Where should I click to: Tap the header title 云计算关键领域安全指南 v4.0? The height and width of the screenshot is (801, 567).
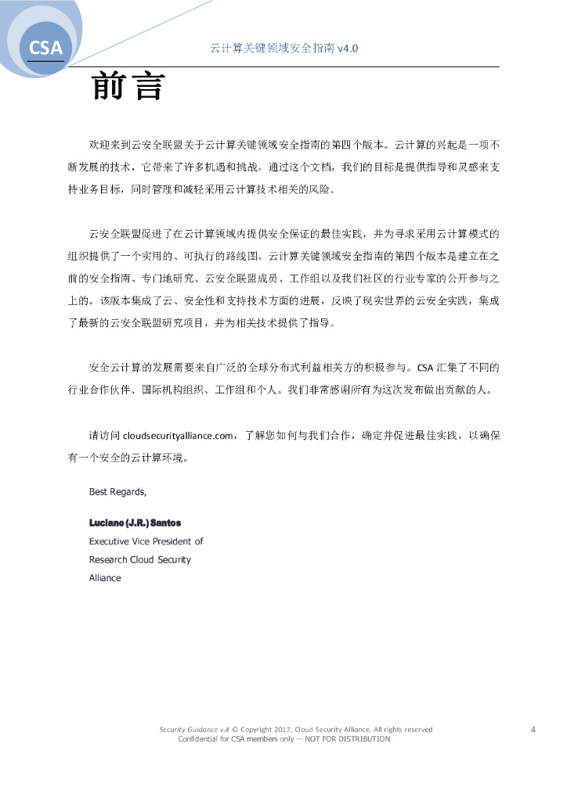(284, 48)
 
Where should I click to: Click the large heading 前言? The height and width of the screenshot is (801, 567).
(128, 87)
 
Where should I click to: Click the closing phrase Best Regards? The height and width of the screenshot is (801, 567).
(117, 492)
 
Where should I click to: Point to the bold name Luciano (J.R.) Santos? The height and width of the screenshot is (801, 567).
(129, 522)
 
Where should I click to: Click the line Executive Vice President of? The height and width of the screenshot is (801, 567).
(146, 541)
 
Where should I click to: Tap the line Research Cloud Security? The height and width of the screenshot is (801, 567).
(139, 559)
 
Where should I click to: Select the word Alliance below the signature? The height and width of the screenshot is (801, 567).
(105, 578)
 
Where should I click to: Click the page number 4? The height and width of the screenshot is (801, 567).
(533, 730)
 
